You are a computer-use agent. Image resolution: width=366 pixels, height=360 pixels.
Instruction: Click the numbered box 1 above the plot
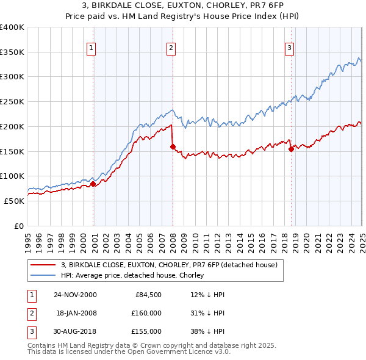pyautogui.click(x=91, y=48)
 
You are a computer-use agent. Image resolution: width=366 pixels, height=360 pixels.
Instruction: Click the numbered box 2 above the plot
pyautogui.click(x=171, y=48)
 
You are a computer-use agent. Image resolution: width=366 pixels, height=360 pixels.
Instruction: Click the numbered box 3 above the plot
pyautogui.click(x=289, y=48)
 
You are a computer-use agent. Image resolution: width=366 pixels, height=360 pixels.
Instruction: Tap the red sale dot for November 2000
pyautogui.click(x=93, y=184)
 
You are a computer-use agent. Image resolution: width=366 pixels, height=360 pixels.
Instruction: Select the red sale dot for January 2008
pyautogui.click(x=173, y=146)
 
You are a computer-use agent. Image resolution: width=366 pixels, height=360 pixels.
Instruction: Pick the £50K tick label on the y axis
pyautogui.click(x=15, y=201)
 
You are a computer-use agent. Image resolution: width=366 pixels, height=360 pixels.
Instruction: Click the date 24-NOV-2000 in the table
pyautogui.click(x=76, y=295)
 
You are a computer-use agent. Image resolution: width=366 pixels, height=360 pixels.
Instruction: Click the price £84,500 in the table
pyautogui.click(x=147, y=295)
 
